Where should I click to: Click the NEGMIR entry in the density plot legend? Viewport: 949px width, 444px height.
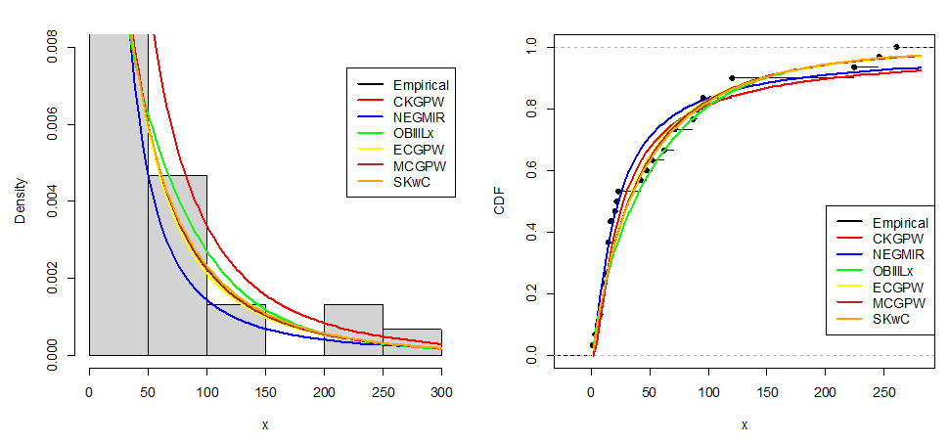point(419,118)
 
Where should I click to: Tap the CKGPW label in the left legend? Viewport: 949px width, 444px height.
point(417,102)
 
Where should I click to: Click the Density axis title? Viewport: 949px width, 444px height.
point(21,200)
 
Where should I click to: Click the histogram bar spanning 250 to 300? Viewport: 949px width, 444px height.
point(412,342)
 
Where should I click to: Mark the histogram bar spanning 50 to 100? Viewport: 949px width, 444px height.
point(177,265)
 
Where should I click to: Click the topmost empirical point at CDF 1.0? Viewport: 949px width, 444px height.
point(896,47)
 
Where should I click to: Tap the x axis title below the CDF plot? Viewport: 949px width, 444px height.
point(745,424)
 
